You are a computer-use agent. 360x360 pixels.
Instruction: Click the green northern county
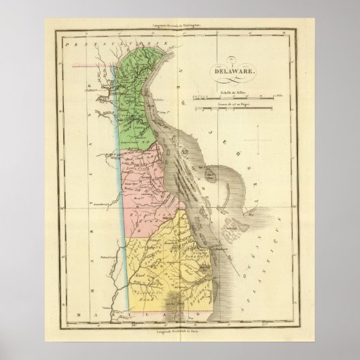point(139,102)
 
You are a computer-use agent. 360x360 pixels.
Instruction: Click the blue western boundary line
point(124,204)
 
